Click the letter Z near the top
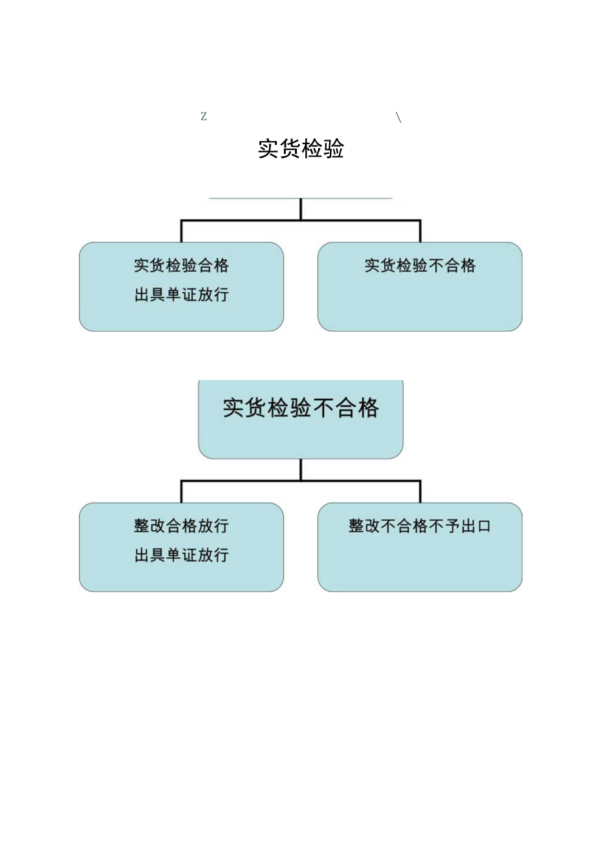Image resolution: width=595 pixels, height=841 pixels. pyautogui.click(x=203, y=117)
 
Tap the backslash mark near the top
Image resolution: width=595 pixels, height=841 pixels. pyautogui.click(x=398, y=117)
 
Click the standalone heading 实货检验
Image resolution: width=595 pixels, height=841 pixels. pyautogui.click(x=301, y=149)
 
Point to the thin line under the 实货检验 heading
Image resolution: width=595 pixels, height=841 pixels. pyautogui.click(x=301, y=198)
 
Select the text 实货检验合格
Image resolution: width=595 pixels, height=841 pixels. pyautogui.click(x=181, y=266)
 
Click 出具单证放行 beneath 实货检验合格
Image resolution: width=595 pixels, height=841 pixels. pyautogui.click(x=181, y=295)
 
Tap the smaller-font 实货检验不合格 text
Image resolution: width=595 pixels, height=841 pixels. pyautogui.click(x=420, y=266)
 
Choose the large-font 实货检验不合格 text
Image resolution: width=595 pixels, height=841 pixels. pyautogui.click(x=301, y=408)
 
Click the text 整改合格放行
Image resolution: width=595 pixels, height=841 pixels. pyautogui.click(x=181, y=526)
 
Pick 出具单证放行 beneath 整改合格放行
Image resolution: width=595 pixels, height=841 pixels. pyautogui.click(x=181, y=555)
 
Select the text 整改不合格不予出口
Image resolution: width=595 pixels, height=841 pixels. pyautogui.click(x=420, y=526)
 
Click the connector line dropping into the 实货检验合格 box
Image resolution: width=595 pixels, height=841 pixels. pyautogui.click(x=181, y=231)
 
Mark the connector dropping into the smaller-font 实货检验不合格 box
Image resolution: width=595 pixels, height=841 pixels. pyautogui.click(x=420, y=231)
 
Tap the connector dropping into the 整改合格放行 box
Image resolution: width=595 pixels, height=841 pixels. pyautogui.click(x=181, y=492)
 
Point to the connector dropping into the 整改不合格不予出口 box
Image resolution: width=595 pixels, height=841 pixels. pyautogui.click(x=420, y=492)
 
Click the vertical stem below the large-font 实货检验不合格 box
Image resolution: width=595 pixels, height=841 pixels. pyautogui.click(x=301, y=469)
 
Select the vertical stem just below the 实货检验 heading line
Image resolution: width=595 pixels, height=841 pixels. pyautogui.click(x=301, y=209)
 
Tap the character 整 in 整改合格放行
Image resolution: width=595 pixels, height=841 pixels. pyautogui.click(x=142, y=526)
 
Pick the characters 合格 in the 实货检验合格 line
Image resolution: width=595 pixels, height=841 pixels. pyautogui.click(x=213, y=266)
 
